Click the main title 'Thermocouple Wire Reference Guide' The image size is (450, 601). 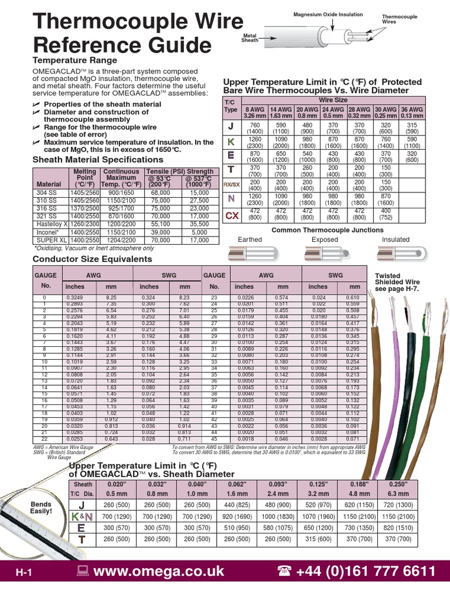(x=138, y=33)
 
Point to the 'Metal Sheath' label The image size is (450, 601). (x=250, y=38)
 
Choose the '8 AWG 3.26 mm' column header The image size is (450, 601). (x=254, y=113)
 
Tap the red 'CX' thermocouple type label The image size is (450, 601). (x=232, y=216)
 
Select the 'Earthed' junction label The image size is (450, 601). (x=250, y=239)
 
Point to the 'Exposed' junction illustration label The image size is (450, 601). (x=325, y=239)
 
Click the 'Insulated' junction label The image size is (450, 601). (x=396, y=239)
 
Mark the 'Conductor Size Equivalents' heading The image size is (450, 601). (x=92, y=259)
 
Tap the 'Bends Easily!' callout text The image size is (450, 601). (x=41, y=508)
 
